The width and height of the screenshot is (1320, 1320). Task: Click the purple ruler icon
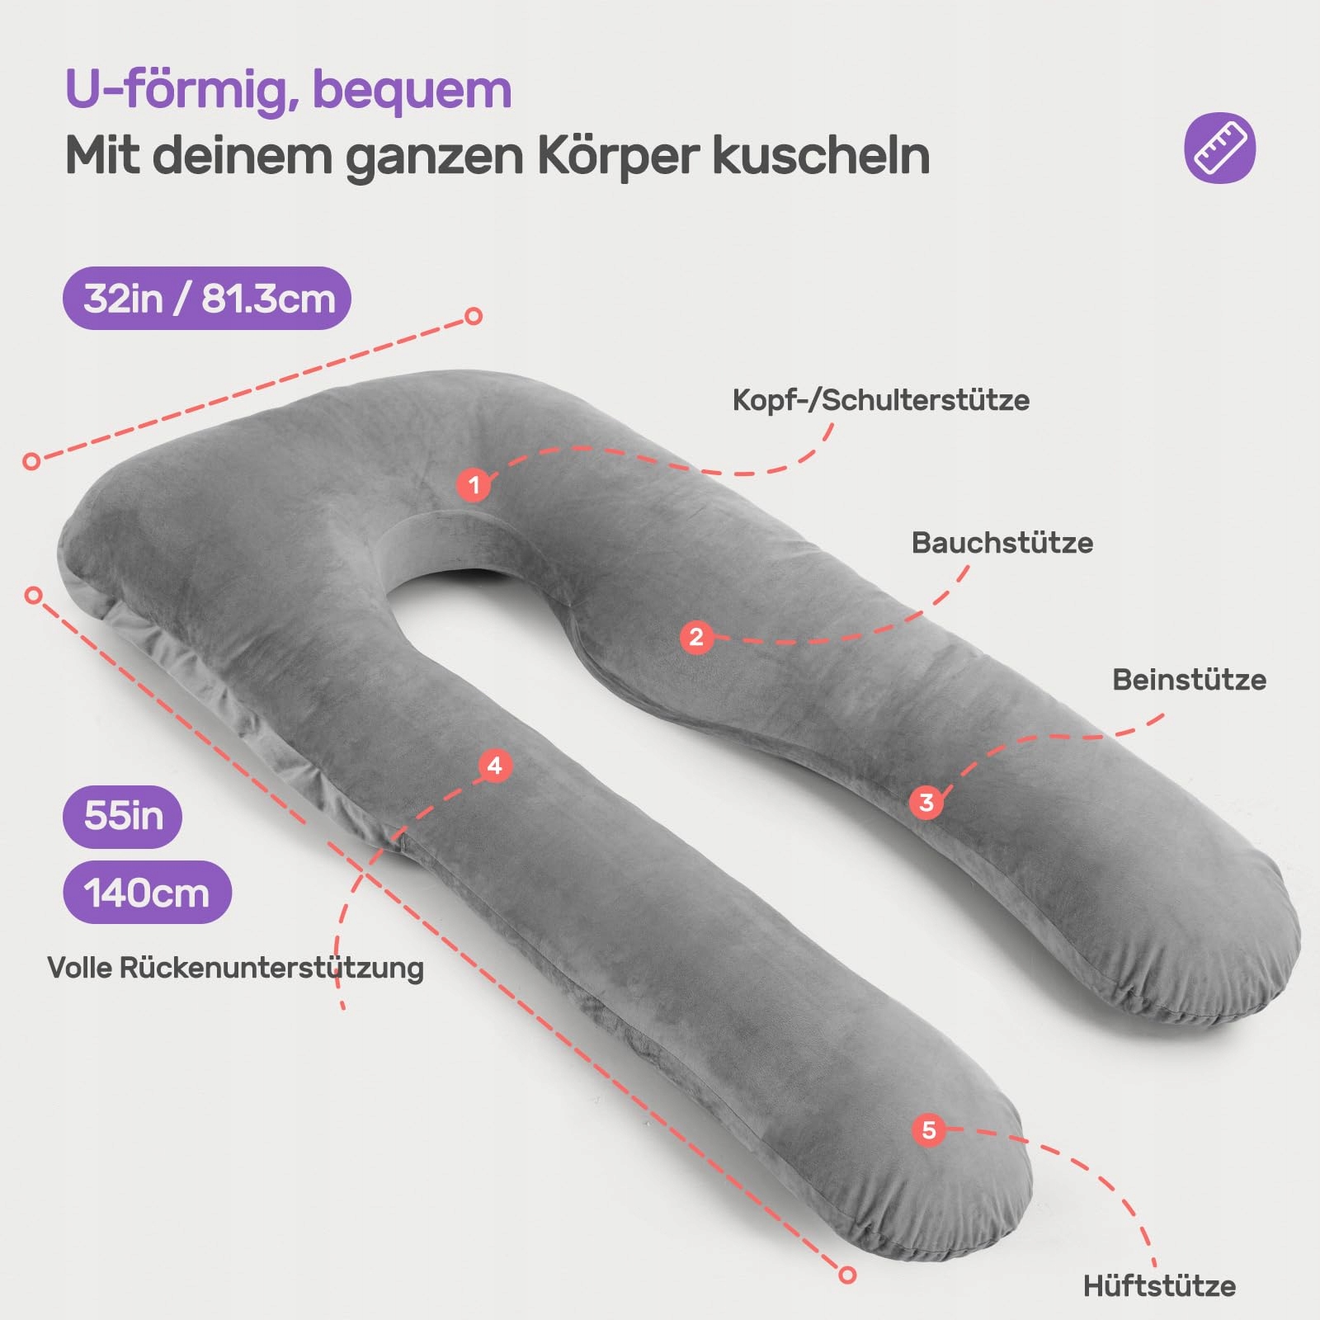(1219, 148)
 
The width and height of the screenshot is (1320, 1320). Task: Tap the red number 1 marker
(474, 484)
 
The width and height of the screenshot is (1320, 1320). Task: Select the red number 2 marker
(696, 637)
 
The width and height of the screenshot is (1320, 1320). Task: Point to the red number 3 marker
(926, 802)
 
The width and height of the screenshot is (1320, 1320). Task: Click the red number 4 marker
(495, 766)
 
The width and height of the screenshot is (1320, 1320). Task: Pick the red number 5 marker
(929, 1129)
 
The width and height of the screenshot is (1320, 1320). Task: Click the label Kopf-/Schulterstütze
(880, 400)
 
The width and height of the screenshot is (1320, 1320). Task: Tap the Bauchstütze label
(1002, 543)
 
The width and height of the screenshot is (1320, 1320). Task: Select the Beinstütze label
(1188, 680)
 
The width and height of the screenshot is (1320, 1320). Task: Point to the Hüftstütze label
(1159, 1285)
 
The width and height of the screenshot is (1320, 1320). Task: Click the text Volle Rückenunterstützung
(235, 968)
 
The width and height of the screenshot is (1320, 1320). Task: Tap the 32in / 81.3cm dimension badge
(208, 298)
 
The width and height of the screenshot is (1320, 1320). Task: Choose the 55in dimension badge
(123, 816)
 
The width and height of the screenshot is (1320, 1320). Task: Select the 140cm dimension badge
(147, 893)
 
